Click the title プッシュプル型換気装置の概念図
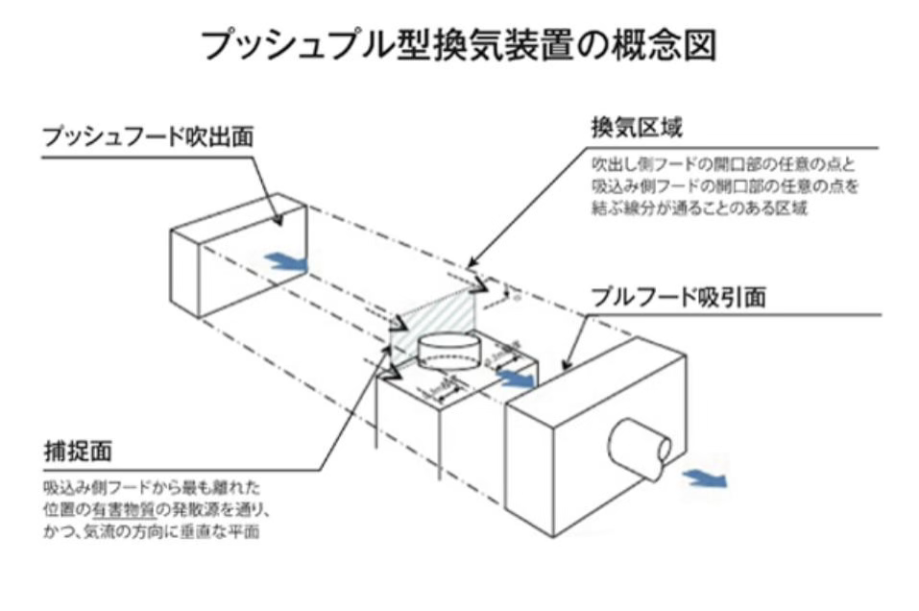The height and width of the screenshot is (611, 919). pos(459,43)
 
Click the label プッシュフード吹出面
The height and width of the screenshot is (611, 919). pos(148,137)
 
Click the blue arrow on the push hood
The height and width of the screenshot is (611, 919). pos(287,260)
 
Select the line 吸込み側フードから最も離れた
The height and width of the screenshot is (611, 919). pos(152,488)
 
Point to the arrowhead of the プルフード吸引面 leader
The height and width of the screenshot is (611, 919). pos(565,367)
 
